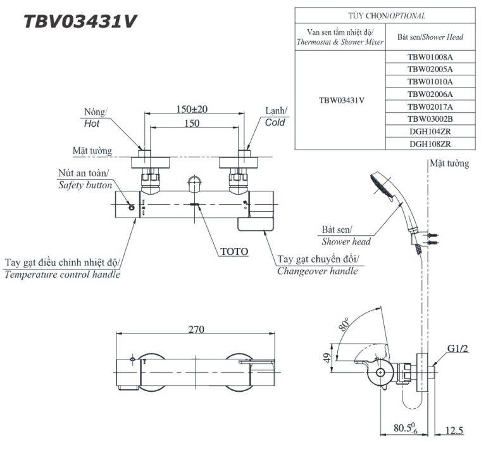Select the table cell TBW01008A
[x=430, y=57]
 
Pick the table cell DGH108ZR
[x=430, y=144]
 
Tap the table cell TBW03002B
[x=430, y=119]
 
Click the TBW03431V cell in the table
[x=340, y=100]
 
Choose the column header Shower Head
[x=430, y=37]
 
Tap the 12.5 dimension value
[x=454, y=430]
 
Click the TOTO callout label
[x=234, y=251]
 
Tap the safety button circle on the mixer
[x=131, y=207]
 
